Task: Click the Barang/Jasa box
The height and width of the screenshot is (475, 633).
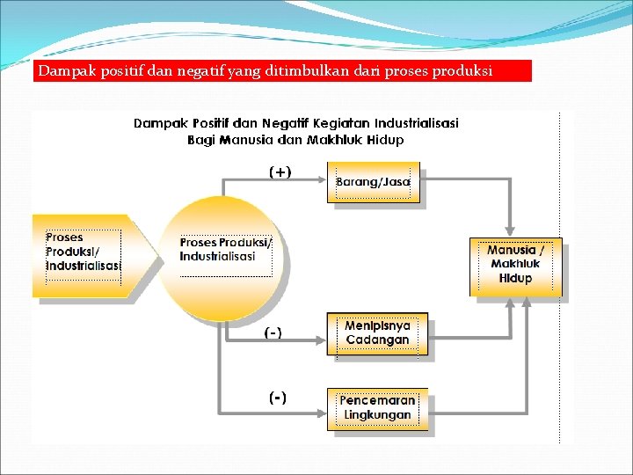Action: [x=374, y=183]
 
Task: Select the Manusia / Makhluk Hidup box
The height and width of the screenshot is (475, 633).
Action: [x=515, y=265]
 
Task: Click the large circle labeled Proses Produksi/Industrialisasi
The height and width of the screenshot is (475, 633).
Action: [x=224, y=257]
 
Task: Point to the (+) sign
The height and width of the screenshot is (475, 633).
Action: [x=280, y=172]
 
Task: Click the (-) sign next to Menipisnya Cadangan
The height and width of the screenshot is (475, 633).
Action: [x=273, y=332]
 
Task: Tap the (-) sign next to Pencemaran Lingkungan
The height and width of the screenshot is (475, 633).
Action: [x=277, y=398]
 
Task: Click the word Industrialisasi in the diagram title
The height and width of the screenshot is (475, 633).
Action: [x=412, y=123]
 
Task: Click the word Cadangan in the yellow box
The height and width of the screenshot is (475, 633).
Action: [x=377, y=340]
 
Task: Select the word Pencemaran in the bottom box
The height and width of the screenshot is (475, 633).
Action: [x=377, y=400]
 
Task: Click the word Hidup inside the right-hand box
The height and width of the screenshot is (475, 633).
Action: [x=515, y=278]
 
